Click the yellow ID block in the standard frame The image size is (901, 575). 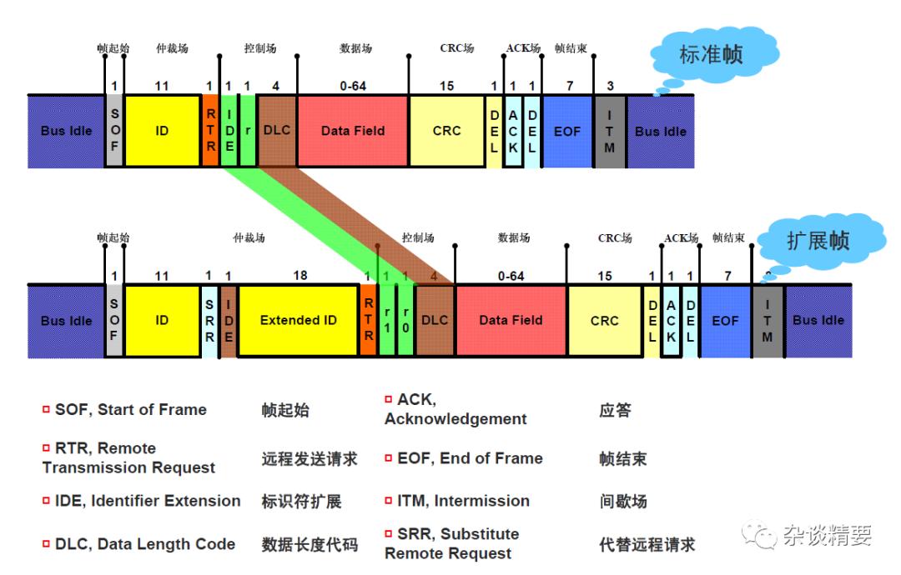click(x=162, y=131)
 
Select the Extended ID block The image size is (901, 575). click(x=298, y=320)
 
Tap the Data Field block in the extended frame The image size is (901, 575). click(x=511, y=320)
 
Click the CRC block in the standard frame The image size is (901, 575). click(x=446, y=131)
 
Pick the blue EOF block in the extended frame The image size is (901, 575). click(x=725, y=320)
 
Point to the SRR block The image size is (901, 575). click(x=209, y=321)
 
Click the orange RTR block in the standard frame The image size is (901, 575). click(x=210, y=131)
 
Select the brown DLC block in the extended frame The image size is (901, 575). click(x=435, y=320)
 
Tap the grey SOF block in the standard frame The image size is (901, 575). click(x=114, y=131)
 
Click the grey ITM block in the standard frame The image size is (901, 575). click(x=610, y=131)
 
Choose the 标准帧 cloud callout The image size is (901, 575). click(x=711, y=56)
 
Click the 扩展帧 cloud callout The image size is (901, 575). click(x=818, y=241)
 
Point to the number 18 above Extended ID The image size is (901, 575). click(x=299, y=276)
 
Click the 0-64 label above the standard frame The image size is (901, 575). click(x=353, y=86)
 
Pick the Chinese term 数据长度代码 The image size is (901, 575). click(x=310, y=545)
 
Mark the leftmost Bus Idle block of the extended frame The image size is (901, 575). click(x=67, y=321)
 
